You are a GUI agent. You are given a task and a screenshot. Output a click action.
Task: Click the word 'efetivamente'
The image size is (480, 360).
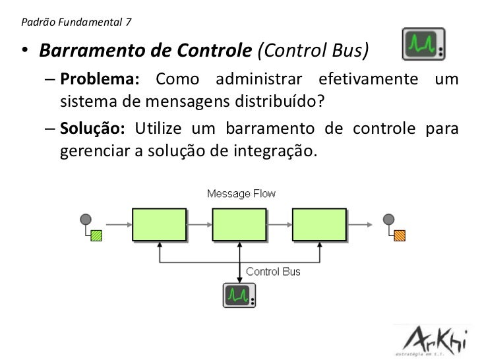coord(368,80)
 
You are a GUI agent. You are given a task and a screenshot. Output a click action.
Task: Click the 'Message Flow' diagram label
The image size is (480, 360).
coord(241,194)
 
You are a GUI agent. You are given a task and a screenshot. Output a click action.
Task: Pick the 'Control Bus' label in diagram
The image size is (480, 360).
coord(273,271)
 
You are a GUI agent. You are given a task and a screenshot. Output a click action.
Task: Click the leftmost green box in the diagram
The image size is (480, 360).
coord(159,224)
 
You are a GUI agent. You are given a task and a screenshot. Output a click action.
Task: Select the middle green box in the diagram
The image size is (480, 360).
coord(239,224)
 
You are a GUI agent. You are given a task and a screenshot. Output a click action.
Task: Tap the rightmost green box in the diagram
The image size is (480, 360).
coord(319,224)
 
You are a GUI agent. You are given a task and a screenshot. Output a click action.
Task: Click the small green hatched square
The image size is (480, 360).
coord(96,235)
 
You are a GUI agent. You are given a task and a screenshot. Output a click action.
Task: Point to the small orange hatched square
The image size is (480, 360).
coord(400,235)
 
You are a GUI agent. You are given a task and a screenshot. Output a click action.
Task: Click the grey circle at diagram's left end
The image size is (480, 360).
coord(84,219)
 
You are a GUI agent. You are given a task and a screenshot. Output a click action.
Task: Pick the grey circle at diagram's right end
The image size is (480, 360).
coord(388,219)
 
